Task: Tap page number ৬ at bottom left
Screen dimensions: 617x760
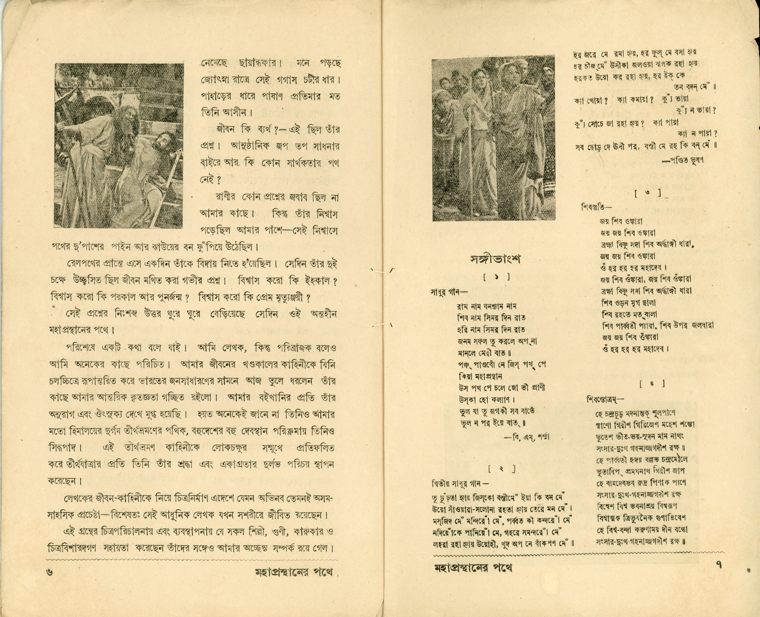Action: [x=50, y=571]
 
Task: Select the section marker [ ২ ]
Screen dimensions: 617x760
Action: [x=502, y=469]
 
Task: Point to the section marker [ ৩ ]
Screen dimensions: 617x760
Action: [x=648, y=193]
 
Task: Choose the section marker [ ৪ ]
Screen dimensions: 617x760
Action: [x=652, y=383]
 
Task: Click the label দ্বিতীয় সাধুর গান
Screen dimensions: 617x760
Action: [x=459, y=484]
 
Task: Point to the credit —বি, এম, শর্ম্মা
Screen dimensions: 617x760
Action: [x=527, y=437]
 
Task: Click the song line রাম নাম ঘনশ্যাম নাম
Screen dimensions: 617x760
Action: [x=487, y=306]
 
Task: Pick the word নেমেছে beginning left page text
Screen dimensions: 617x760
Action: [x=214, y=64]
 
